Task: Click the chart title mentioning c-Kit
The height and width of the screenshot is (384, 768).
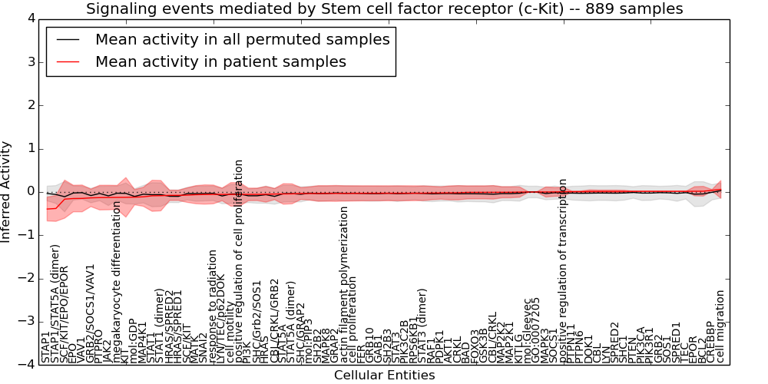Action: pyautogui.click(x=384, y=9)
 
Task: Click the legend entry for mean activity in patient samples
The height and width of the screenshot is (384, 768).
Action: pyautogui.click(x=220, y=61)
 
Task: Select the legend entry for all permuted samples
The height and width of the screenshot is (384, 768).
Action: pyautogui.click(x=242, y=39)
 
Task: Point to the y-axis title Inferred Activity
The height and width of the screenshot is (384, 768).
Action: pyautogui.click(x=7, y=192)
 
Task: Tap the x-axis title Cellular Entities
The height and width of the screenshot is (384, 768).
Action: pyautogui.click(x=384, y=375)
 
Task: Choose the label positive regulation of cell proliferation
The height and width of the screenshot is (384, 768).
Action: pyautogui.click(x=239, y=261)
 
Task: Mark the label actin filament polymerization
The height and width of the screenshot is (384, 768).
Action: pyautogui.click(x=344, y=284)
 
